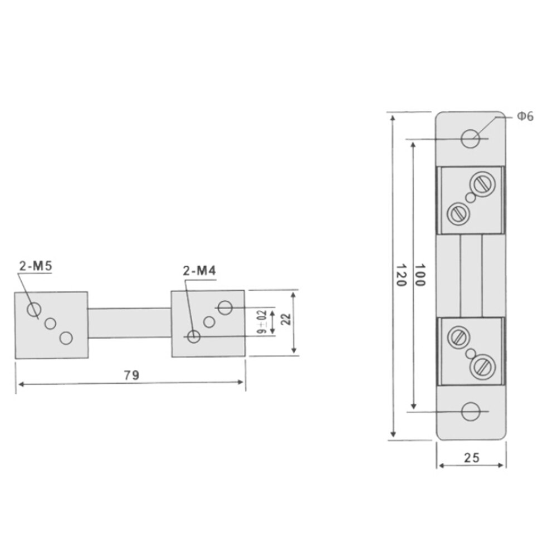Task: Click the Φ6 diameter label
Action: pyautogui.click(x=525, y=116)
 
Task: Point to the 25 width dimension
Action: pyautogui.click(x=471, y=458)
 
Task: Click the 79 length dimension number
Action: pyautogui.click(x=131, y=375)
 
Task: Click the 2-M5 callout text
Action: pyautogui.click(x=35, y=266)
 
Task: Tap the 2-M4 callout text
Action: pyautogui.click(x=199, y=271)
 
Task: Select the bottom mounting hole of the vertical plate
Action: pyautogui.click(x=471, y=412)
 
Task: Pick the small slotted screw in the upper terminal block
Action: pyautogui.click(x=457, y=212)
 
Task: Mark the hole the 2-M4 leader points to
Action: pyautogui.click(x=194, y=336)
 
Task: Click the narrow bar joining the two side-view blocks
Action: pyautogui.click(x=129, y=323)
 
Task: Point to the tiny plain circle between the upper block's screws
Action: pyautogui.click(x=471, y=198)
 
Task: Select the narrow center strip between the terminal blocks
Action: pyautogui.click(x=471, y=276)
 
